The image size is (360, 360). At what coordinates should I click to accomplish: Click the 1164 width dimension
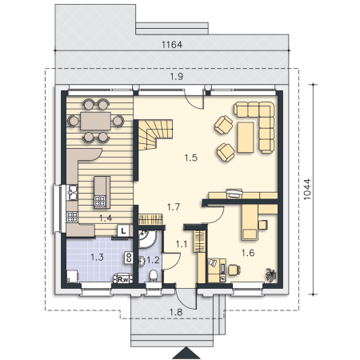click(x=172, y=45)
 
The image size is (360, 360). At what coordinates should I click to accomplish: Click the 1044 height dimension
click(x=307, y=189)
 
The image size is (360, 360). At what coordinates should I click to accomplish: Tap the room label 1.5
click(x=191, y=158)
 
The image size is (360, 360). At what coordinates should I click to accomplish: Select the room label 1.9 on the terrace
click(x=177, y=77)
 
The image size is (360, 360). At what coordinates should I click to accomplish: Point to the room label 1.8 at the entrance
click(x=176, y=312)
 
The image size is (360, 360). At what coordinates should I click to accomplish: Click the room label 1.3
click(x=97, y=258)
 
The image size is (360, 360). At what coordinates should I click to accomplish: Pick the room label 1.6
click(x=248, y=253)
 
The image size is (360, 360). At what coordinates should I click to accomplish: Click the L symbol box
click(x=123, y=230)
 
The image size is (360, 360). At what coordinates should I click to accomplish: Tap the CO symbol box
click(x=129, y=258)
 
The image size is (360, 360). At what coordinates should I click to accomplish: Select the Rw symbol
click(x=123, y=279)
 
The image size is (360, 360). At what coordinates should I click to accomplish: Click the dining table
click(x=96, y=121)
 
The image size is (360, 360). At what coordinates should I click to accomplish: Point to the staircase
click(x=155, y=134)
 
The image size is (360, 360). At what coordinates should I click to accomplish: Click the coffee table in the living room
click(x=246, y=138)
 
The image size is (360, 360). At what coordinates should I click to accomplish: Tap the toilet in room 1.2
click(x=154, y=275)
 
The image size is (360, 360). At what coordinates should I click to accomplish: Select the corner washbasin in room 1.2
click(x=146, y=238)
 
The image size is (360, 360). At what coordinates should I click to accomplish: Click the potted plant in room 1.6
click(x=271, y=274)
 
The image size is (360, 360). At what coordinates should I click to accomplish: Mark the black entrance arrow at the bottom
click(x=186, y=353)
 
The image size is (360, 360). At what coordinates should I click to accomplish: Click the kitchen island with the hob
click(x=102, y=192)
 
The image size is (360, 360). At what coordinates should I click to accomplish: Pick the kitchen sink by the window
click(x=72, y=192)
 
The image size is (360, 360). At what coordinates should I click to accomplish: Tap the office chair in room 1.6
click(x=234, y=270)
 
